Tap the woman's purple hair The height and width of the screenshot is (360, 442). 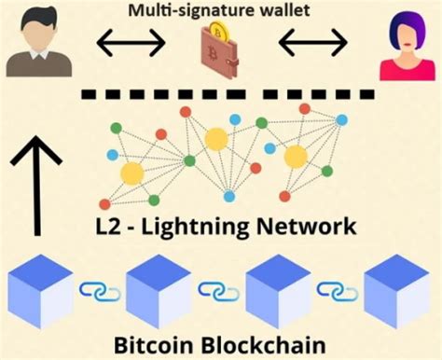[x=403, y=28]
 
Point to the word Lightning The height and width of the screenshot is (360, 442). [x=199, y=228]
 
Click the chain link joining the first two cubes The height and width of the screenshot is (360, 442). [x=100, y=292]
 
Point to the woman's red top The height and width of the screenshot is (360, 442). [x=403, y=70]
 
